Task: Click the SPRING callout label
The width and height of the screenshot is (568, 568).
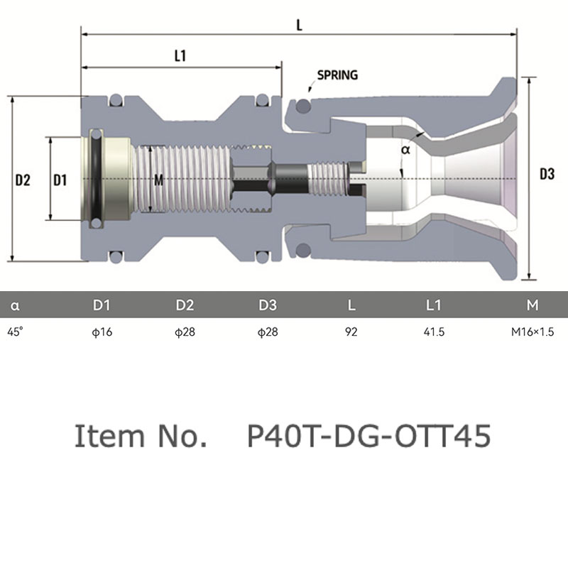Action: [x=337, y=75]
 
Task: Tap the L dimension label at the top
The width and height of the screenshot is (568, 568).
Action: [x=299, y=26]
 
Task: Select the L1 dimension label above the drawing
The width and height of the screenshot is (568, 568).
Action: [x=180, y=56]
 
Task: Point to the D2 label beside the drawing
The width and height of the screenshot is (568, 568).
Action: [x=23, y=180]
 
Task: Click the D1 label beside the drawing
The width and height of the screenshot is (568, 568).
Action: [x=60, y=180]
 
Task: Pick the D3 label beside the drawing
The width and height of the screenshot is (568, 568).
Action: [x=547, y=174]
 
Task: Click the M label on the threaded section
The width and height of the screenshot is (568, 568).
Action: [x=158, y=180]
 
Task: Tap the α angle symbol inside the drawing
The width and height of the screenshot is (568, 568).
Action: [x=405, y=149]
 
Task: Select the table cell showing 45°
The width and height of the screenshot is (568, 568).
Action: [x=15, y=332]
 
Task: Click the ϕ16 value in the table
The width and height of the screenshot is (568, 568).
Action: [x=102, y=332]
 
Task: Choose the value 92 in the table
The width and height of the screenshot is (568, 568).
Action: [x=351, y=332]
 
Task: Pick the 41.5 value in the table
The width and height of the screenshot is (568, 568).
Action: [x=434, y=332]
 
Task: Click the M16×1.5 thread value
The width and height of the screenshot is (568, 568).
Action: [x=532, y=332]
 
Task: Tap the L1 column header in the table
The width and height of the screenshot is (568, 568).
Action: [x=433, y=305]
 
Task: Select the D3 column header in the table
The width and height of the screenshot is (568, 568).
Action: [x=268, y=305]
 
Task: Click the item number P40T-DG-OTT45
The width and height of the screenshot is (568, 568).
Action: [x=368, y=436]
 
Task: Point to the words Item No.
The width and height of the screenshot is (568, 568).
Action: [x=141, y=436]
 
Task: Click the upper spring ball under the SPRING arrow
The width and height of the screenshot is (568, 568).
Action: [x=303, y=106]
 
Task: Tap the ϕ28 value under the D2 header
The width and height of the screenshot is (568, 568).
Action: [x=185, y=332]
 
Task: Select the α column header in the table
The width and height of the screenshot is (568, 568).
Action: [x=15, y=306]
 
